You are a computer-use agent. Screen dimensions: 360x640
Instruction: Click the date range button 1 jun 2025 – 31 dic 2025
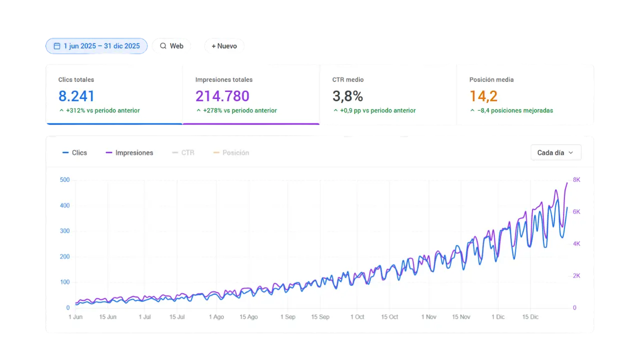tap(96, 46)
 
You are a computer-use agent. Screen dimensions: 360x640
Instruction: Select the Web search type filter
tap(171, 46)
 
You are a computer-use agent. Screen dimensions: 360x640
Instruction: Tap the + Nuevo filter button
tap(224, 46)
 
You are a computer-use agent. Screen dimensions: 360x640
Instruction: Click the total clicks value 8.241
tap(76, 96)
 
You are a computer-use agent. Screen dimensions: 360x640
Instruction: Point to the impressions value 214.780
tap(222, 96)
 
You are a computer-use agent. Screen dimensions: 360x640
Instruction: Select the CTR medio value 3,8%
tap(347, 96)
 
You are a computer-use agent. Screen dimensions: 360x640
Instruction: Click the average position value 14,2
tap(483, 96)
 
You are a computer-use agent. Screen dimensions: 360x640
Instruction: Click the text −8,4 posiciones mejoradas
tap(515, 110)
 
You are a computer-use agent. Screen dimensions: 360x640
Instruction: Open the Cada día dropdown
tap(555, 152)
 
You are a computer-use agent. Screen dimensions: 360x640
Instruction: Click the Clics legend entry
tap(74, 152)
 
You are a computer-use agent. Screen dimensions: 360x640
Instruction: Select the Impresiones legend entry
tap(129, 152)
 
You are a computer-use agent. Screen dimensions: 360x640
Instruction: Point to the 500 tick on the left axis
tap(64, 180)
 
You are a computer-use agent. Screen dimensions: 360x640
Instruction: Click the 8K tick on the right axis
tap(576, 180)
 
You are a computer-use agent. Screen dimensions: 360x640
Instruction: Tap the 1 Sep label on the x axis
tap(288, 317)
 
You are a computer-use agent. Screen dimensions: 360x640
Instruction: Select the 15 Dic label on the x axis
tap(530, 317)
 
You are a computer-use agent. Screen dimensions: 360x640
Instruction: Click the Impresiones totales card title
tap(223, 79)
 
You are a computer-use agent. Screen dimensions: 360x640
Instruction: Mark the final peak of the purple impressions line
tap(567, 182)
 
